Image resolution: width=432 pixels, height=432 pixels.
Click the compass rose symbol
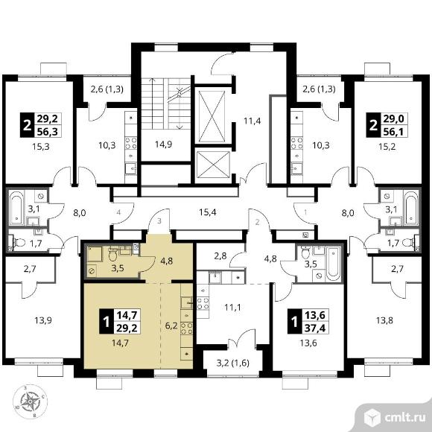30,401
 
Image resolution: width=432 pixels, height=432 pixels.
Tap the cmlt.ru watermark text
404,417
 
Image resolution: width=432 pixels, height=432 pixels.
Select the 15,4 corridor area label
208,212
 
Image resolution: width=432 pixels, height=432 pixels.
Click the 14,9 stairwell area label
163,144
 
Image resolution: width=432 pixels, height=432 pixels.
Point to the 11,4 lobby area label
252,121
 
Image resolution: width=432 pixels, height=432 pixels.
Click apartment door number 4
118,212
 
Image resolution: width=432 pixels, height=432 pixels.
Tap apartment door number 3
159,221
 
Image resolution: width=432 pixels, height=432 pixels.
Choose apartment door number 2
257,222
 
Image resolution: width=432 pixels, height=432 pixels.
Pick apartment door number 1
305,212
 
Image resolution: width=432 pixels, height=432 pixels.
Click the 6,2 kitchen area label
171,326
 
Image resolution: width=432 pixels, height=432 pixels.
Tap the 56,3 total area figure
48,131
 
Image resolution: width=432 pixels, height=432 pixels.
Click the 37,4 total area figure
316,328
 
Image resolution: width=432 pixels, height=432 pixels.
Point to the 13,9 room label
43,320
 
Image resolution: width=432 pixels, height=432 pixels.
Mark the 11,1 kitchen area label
232,307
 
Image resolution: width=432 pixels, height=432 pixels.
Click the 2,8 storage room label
220,256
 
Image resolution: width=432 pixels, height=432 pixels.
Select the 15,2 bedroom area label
387,146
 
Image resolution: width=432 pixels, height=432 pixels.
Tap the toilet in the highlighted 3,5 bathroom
113,254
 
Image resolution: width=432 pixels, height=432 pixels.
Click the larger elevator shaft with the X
212,115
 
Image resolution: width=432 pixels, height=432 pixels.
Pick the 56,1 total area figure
393,132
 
